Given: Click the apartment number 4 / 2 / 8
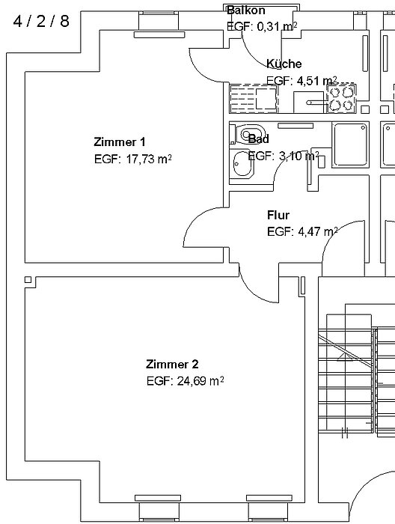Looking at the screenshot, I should point(41,21).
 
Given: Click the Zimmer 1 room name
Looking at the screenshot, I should point(120,142).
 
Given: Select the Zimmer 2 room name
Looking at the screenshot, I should point(172,365).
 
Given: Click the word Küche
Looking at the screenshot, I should point(284,64).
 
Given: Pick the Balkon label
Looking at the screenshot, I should point(246,10).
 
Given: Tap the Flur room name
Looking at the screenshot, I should point(278,216).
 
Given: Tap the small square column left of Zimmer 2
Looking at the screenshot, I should point(28,281).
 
